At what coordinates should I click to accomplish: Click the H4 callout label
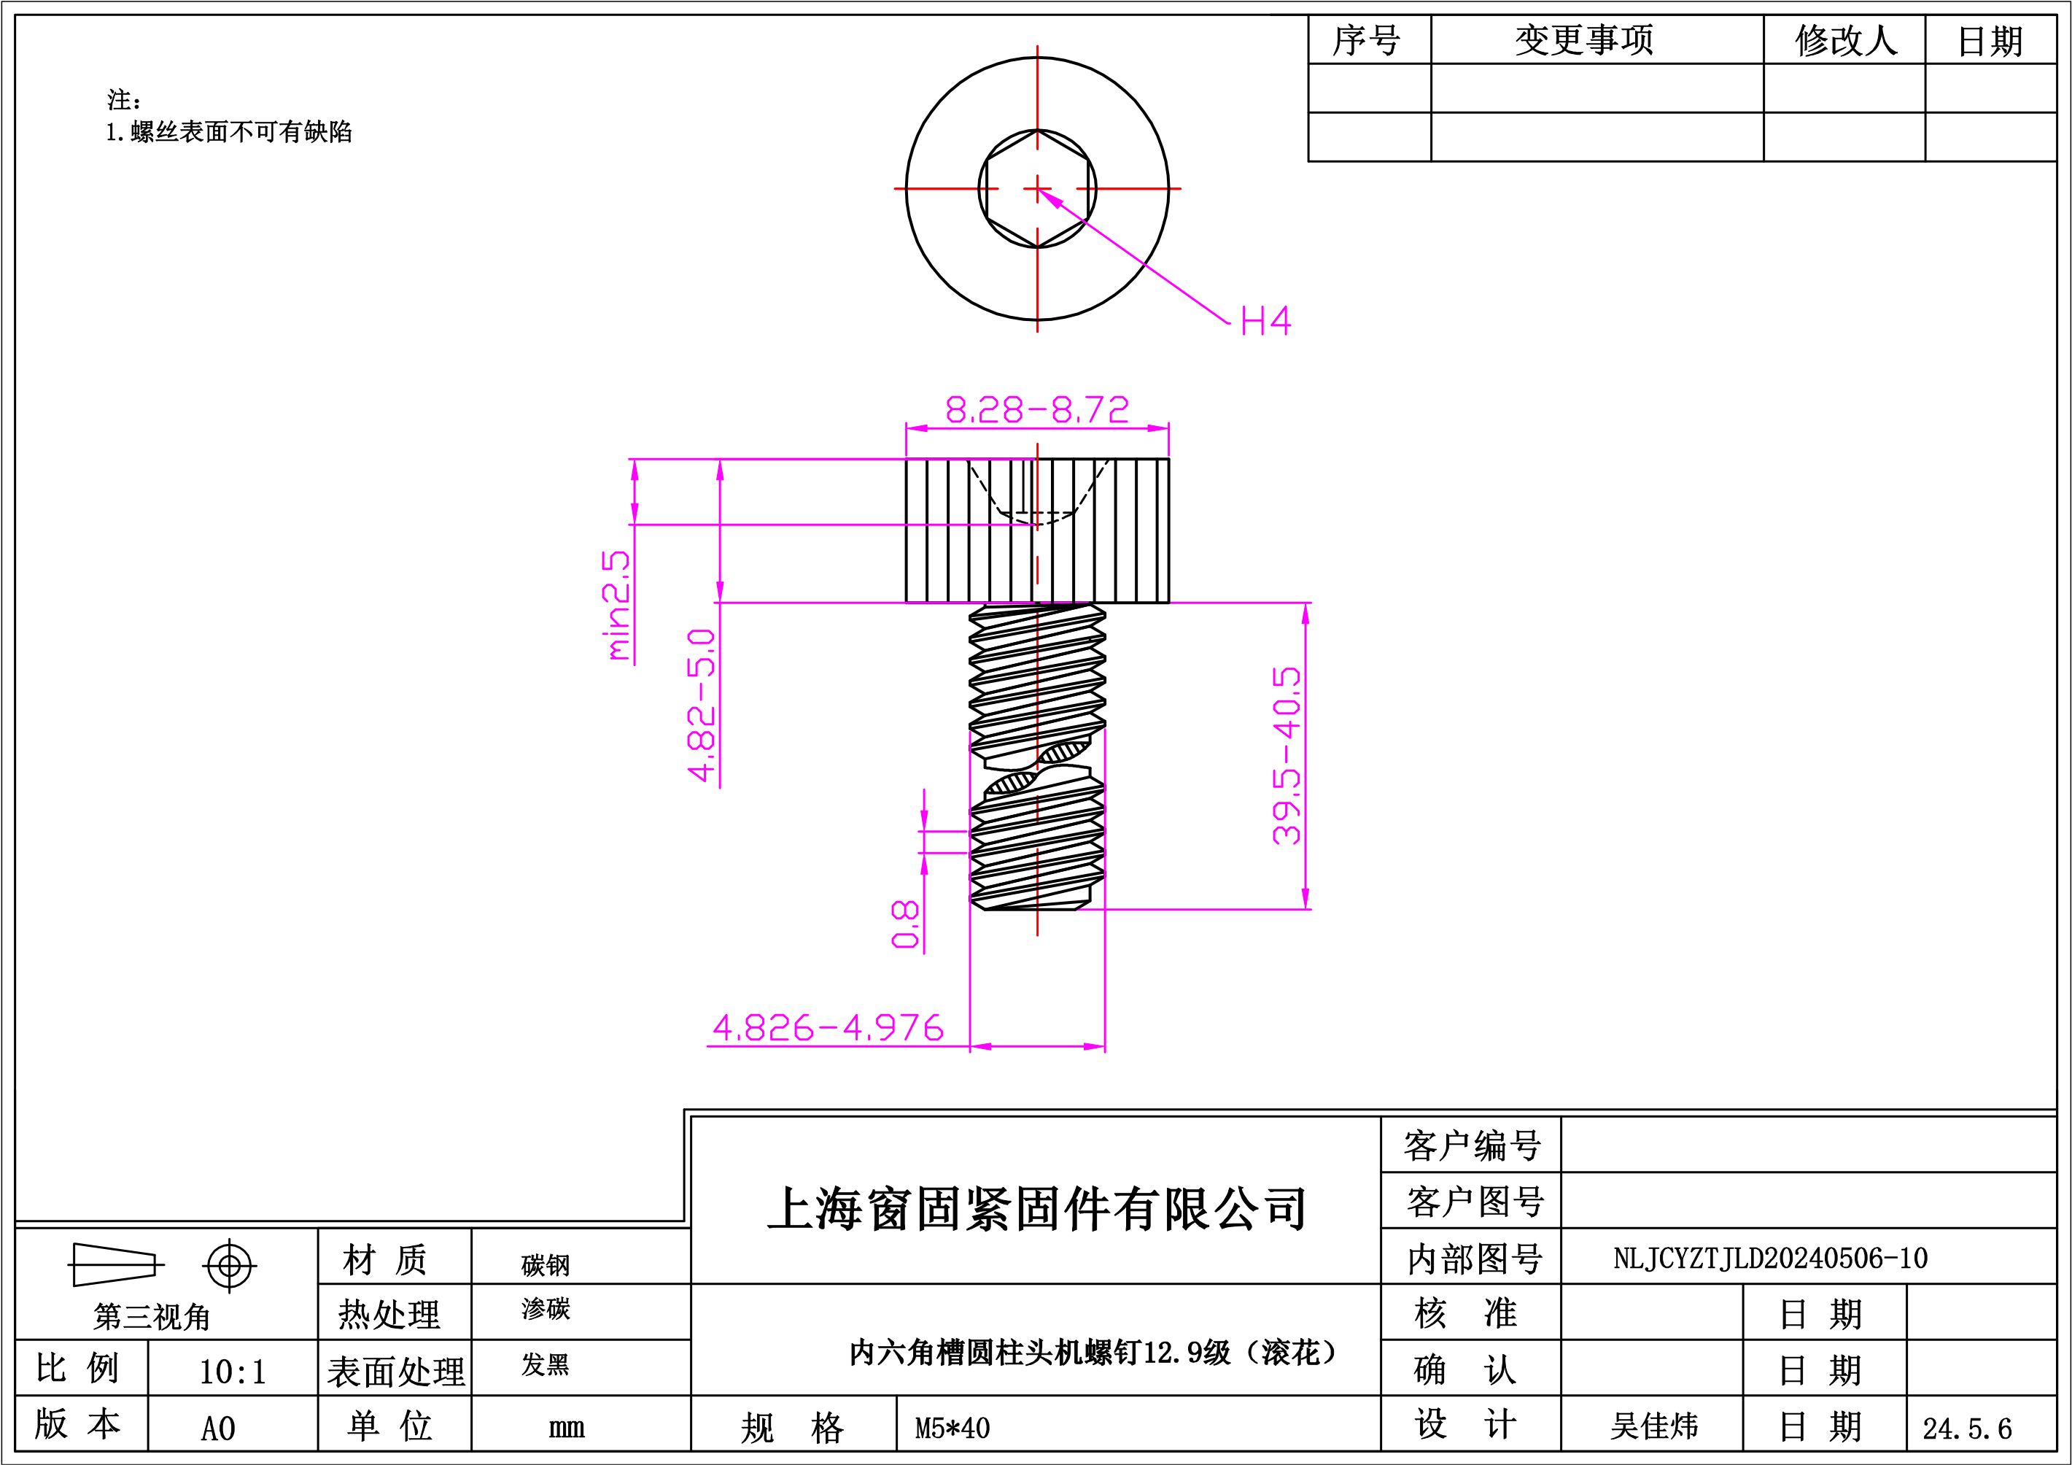1265,320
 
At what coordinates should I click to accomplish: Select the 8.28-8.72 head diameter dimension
1037,410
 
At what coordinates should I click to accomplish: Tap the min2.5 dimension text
616,606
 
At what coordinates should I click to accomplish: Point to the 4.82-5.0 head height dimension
701,705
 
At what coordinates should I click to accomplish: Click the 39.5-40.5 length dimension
1286,756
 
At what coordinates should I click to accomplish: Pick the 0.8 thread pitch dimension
905,924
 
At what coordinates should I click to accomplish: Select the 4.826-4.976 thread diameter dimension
828,1027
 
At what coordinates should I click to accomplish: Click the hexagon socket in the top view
1037,189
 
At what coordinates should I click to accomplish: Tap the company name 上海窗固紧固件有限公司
1036,1209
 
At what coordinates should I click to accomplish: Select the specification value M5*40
952,1428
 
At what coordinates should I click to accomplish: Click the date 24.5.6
1966,1428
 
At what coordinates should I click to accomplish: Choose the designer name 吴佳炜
1654,1426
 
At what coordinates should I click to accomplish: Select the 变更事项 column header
1584,39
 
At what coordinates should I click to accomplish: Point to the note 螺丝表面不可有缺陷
241,132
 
